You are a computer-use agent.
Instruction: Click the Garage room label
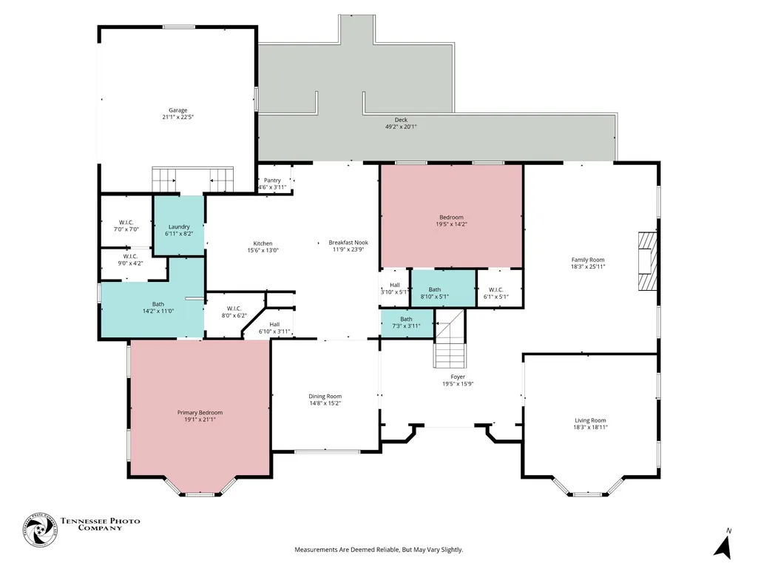(178, 110)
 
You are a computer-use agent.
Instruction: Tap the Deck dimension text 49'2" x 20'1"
(401, 127)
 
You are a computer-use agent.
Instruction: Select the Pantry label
(272, 181)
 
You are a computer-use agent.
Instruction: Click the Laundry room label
(179, 227)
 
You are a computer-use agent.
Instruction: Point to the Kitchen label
(263, 243)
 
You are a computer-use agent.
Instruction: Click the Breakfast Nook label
(348, 243)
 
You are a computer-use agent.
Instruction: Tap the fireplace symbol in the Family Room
(648, 261)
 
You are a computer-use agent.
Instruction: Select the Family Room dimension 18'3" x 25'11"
(588, 266)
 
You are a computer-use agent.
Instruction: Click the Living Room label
(590, 420)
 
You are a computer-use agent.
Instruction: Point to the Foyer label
(458, 377)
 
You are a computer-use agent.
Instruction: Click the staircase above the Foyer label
(450, 339)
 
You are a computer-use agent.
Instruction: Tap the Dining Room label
(325, 397)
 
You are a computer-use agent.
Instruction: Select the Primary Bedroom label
(200, 413)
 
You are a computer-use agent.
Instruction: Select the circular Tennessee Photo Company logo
(40, 531)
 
